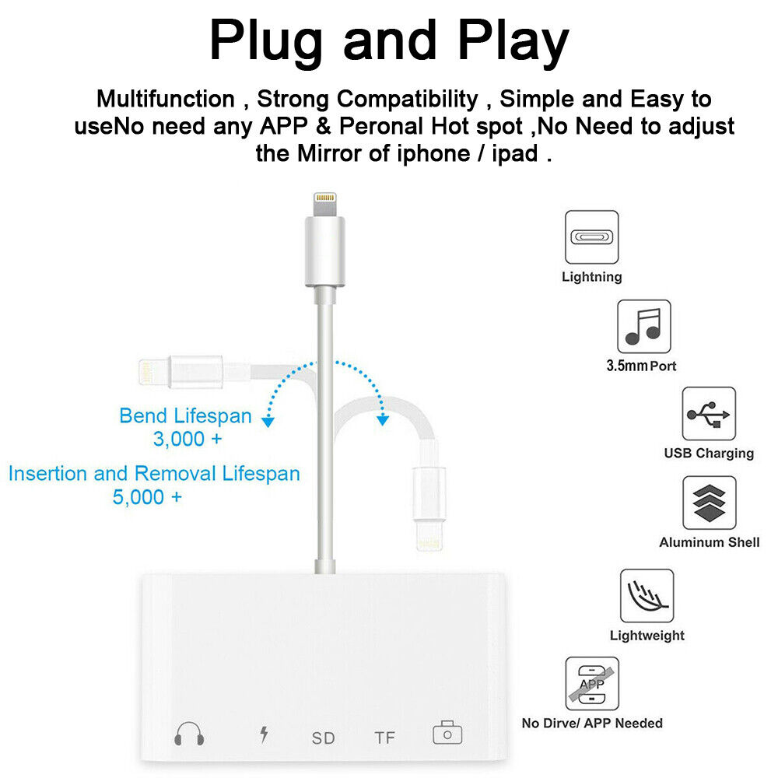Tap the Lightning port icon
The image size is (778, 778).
[x=591, y=237]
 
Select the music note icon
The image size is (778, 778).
[x=643, y=326]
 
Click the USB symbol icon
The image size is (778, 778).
[x=708, y=414]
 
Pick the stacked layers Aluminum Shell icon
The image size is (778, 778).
[x=709, y=503]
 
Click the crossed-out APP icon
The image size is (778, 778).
[x=591, y=683]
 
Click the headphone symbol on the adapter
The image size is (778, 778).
[x=189, y=734]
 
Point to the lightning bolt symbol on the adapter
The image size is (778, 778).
[x=264, y=734]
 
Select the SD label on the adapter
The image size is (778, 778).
[x=323, y=737]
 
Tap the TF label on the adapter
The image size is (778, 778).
[x=384, y=737]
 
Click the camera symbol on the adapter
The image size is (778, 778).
[x=447, y=734]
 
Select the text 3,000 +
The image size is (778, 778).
[x=187, y=440]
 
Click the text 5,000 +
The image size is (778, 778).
[x=147, y=498]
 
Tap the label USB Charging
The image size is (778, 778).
[x=708, y=453]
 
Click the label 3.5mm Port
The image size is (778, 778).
[x=641, y=366]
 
